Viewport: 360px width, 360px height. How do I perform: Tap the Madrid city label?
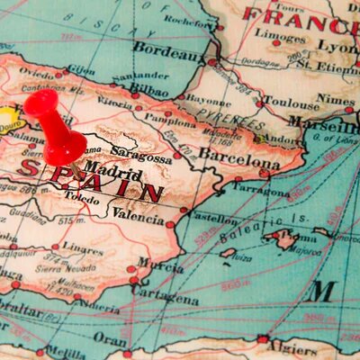112,168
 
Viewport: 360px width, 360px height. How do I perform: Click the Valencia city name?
137,214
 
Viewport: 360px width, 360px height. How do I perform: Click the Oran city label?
110,339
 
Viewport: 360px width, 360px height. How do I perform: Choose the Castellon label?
212,219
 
